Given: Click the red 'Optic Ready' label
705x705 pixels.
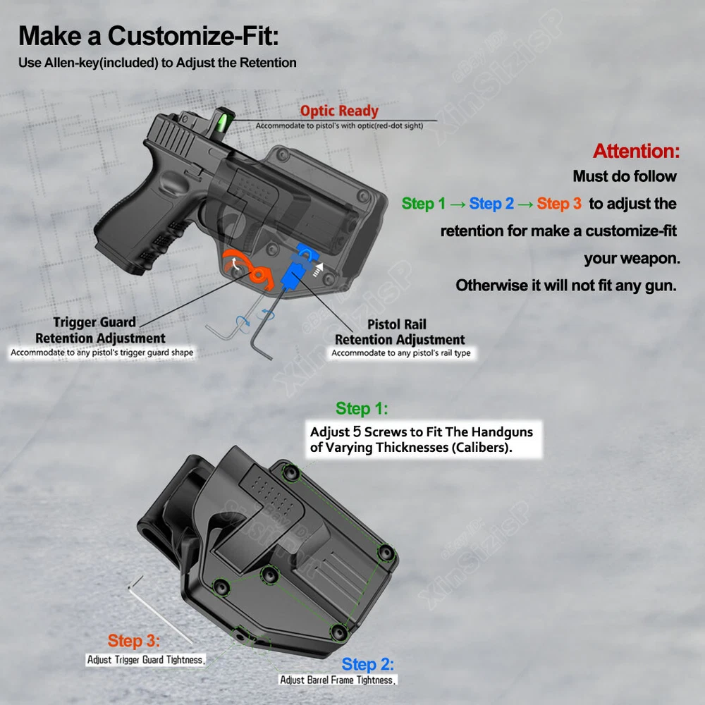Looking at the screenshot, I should pos(339,111).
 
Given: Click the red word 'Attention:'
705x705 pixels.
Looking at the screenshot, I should pos(636,151).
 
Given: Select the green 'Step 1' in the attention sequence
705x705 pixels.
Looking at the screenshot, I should pos(424,204).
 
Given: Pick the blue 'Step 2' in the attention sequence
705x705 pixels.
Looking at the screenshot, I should pos(491,204).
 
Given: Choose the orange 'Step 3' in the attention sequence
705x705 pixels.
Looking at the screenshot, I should pos(559,204).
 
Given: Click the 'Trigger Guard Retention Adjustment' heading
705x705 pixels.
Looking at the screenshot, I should pos(100,331).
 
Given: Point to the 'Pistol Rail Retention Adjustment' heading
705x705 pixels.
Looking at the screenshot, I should pos(400,332).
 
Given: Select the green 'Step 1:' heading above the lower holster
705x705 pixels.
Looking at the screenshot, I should pos(362,409).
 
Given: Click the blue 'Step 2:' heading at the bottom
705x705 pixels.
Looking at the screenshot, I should pos(368,664).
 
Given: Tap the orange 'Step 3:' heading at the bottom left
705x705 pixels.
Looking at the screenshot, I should pos(134,642).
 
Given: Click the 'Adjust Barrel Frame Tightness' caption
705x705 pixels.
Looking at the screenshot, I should pos(338,680).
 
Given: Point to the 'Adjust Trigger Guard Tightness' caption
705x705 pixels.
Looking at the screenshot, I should pos(146,660).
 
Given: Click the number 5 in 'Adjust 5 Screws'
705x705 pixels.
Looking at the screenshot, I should pos(357,431).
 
